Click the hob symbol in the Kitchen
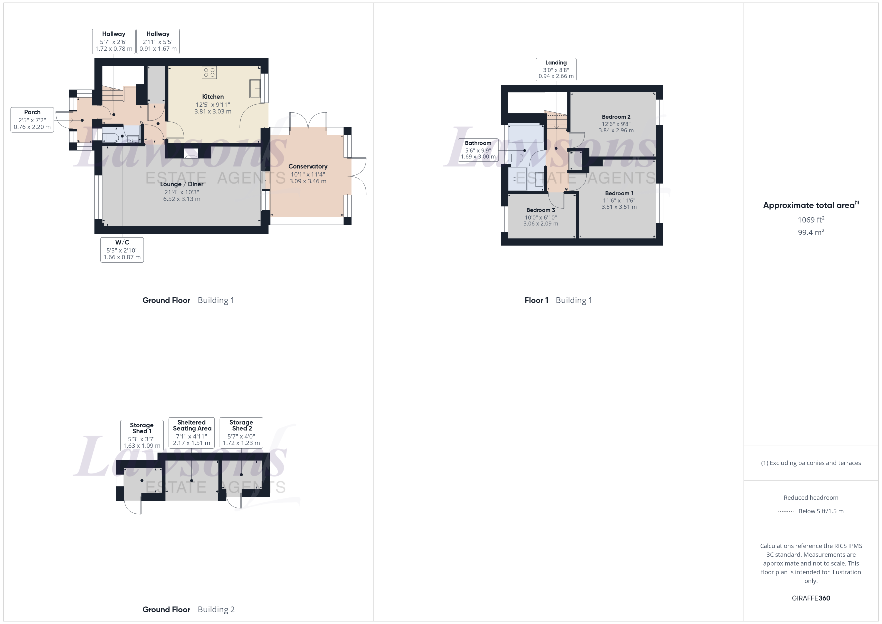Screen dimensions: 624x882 (209, 72)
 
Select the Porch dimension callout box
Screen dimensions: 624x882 (32, 119)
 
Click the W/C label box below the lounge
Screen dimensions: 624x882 (122, 250)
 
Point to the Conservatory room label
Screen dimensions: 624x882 (308, 166)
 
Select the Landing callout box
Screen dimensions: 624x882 (556, 69)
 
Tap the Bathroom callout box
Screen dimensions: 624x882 (478, 150)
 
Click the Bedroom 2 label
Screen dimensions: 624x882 (616, 117)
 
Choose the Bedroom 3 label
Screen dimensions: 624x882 (540, 210)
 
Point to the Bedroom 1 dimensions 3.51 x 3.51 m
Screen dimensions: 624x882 (619, 207)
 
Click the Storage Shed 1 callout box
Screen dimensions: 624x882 (142, 435)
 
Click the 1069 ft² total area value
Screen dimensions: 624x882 (810, 220)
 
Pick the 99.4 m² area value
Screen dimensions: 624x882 (810, 232)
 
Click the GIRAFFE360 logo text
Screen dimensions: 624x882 (810, 598)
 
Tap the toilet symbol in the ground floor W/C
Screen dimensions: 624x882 (110, 137)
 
